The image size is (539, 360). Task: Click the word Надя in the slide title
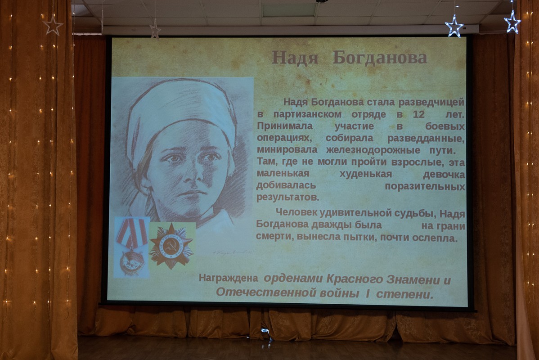(295, 58)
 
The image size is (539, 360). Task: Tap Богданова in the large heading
(380, 57)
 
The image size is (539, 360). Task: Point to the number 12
(419, 114)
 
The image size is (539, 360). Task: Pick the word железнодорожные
(373, 150)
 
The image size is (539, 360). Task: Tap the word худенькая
(366, 174)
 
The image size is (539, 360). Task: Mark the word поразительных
(425, 186)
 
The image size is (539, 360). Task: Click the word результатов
(287, 198)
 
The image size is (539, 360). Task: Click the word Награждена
(229, 278)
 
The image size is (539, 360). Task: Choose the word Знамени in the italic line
(413, 279)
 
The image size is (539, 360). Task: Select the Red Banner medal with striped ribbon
(131, 247)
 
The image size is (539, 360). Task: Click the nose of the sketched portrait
(189, 175)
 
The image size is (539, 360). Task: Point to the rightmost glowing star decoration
(512, 22)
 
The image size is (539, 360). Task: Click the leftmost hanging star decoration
(53, 25)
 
